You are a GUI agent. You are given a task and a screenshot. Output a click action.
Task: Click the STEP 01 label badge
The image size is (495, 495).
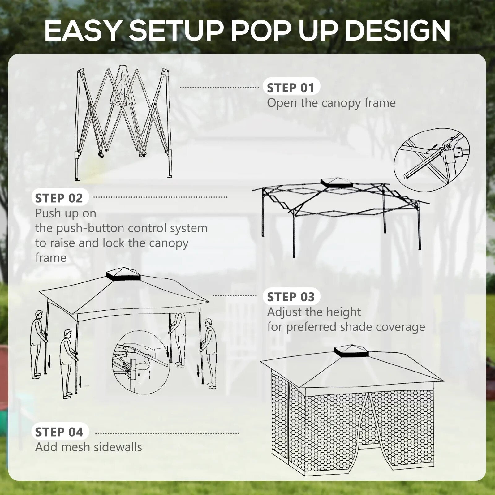pos(291,88)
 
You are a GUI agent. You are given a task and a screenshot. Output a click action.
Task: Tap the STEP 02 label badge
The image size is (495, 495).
pos(59,198)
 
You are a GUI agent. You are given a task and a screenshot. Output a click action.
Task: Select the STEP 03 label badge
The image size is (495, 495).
pos(291,297)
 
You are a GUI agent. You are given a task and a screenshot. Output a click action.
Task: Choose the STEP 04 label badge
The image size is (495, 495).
pos(59,432)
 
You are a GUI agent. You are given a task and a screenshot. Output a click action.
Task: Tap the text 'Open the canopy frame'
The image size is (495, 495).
pos(331,103)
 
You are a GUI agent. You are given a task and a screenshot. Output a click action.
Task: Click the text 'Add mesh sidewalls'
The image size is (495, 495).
pos(88,447)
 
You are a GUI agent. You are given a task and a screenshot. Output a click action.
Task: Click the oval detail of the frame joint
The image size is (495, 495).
pos(432,160)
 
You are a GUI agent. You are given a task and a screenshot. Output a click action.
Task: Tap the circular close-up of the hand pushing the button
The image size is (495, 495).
pos(141,362)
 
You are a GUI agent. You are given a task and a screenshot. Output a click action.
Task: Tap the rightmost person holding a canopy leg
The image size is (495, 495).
pos(210,353)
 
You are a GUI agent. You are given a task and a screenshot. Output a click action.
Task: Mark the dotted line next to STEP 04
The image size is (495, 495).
pos(167,433)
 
